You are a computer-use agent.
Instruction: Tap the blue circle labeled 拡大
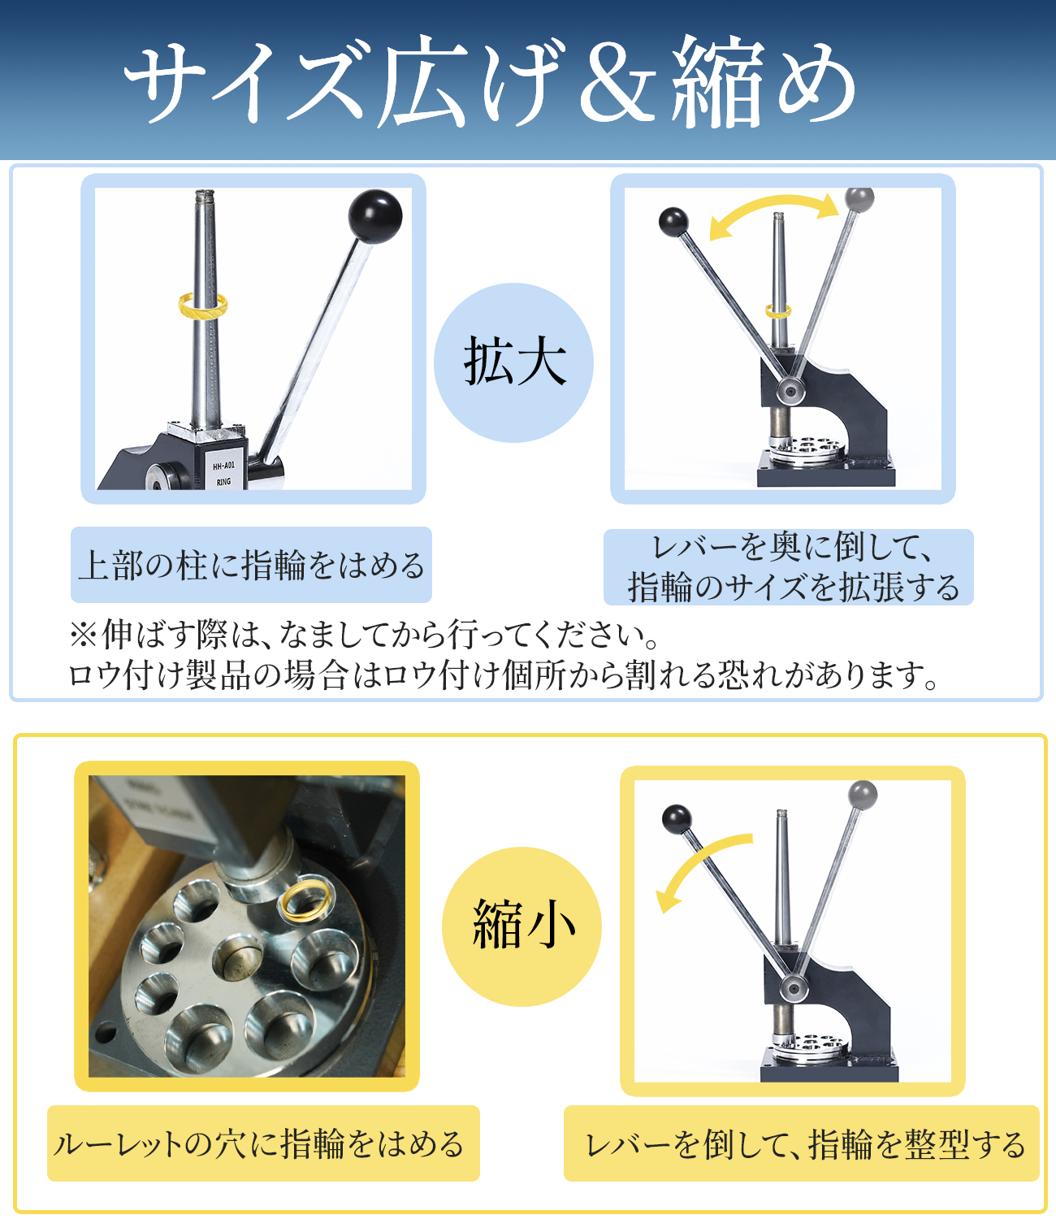tap(513, 362)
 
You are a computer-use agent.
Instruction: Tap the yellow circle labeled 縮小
tap(522, 926)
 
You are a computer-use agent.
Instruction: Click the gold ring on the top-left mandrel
tap(203, 306)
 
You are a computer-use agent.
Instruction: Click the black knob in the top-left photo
tap(375, 216)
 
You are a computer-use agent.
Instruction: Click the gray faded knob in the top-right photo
tap(859, 199)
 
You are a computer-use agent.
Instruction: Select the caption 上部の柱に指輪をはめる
tap(251, 565)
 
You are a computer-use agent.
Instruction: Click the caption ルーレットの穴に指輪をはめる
tap(259, 1143)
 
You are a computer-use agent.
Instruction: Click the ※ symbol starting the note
tap(83, 636)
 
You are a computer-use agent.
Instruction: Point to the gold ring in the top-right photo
tap(778, 310)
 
